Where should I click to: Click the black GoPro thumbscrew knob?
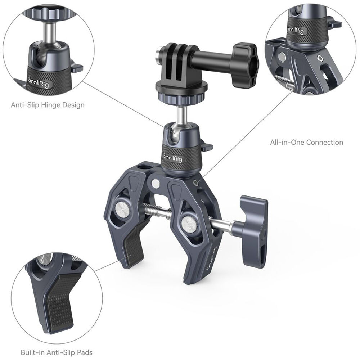244,65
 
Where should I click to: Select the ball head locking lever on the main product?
206,146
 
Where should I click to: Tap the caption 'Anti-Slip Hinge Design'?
48,105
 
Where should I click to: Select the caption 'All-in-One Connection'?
306,142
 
